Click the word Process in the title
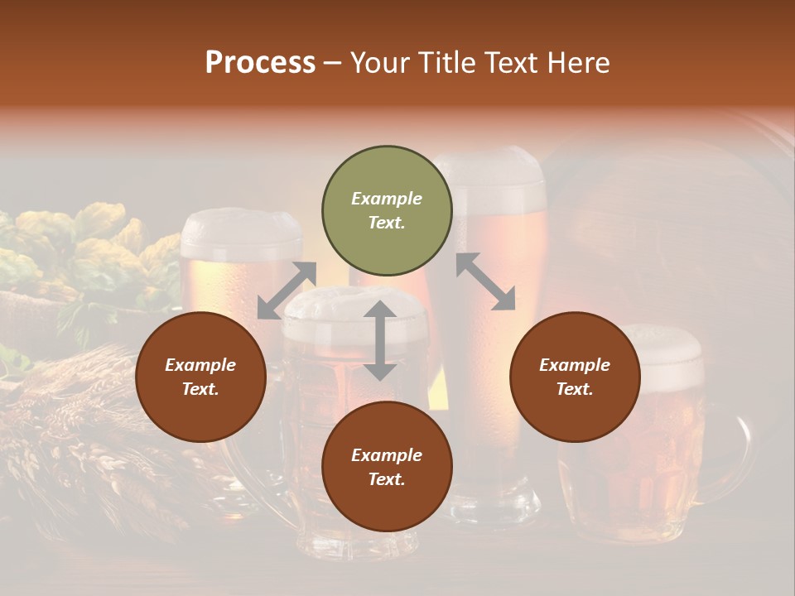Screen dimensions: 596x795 [260, 63]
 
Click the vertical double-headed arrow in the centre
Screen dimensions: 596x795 [380, 340]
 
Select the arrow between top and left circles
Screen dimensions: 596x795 [287, 291]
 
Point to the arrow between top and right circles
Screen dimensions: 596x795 [485, 282]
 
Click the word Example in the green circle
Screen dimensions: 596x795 [387, 199]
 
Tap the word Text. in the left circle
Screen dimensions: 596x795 [200, 389]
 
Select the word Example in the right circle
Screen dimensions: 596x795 [575, 365]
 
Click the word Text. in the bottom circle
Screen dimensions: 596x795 [387, 479]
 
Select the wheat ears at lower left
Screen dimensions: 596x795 [75, 414]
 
